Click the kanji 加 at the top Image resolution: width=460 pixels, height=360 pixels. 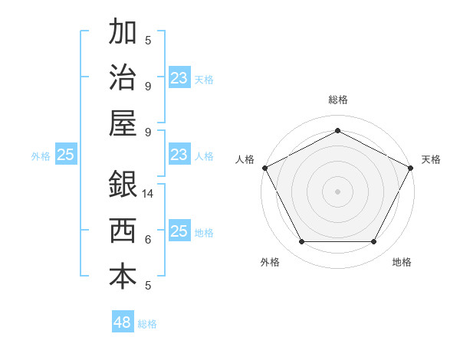click(123, 34)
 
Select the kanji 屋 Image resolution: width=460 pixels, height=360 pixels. click(123, 123)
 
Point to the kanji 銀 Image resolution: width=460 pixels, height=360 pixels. click(123, 185)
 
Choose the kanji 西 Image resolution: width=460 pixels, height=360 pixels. click(123, 231)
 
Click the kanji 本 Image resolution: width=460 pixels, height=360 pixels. click(123, 277)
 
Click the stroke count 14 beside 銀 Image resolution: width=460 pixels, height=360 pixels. click(149, 194)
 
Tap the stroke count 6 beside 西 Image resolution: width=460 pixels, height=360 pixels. click(148, 240)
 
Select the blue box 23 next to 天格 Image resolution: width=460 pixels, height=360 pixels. click(179, 78)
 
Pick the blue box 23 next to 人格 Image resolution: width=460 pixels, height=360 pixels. click(179, 155)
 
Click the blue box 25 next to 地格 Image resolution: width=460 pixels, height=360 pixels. click(179, 231)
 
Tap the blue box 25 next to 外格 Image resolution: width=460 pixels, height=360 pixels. click(66, 155)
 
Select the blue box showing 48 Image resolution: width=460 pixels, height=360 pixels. click(123, 322)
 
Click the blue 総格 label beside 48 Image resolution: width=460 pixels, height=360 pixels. click(147, 324)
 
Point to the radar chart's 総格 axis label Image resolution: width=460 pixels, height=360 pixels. click(337, 100)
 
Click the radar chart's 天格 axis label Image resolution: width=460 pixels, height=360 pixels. click(431, 159)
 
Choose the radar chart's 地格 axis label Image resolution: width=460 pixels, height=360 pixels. click(402, 262)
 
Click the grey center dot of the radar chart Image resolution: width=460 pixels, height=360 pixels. click(337, 191)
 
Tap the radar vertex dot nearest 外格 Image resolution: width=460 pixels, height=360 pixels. click(301, 242)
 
